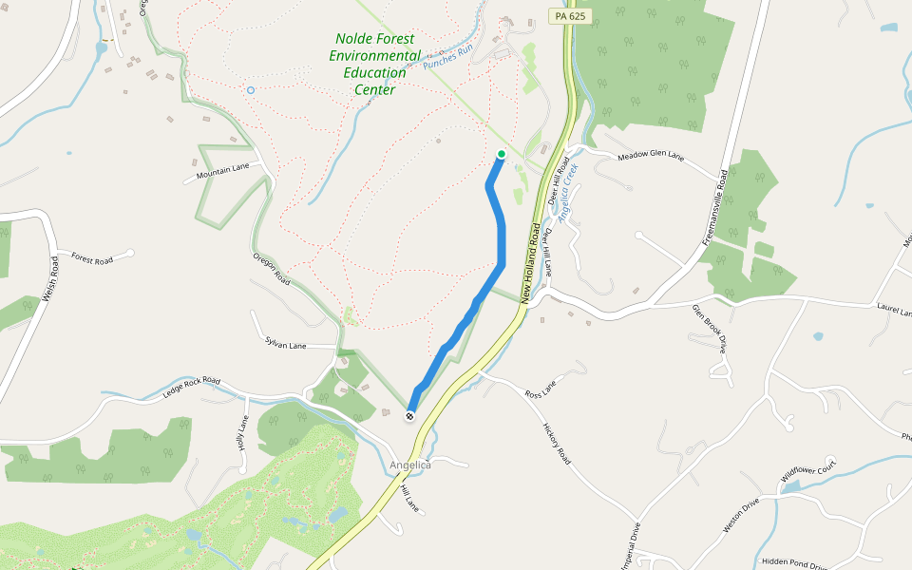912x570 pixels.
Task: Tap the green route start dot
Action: tap(502, 154)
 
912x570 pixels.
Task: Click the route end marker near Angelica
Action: tap(410, 416)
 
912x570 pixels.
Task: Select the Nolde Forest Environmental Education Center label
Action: tap(374, 64)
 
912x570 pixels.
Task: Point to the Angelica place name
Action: tap(410, 465)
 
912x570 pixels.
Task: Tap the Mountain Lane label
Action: tap(222, 171)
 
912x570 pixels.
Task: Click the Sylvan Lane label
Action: tap(286, 344)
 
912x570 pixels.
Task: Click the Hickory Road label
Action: tap(557, 443)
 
